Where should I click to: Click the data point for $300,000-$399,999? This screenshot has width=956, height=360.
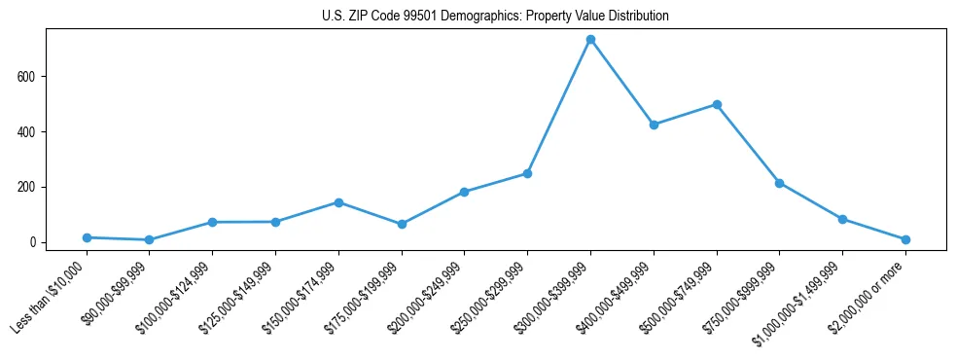pyautogui.click(x=590, y=40)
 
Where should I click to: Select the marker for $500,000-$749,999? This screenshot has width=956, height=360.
pyautogui.click(x=717, y=104)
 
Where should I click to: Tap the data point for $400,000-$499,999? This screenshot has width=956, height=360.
pyautogui.click(x=654, y=125)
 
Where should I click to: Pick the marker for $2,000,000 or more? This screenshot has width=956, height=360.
pyautogui.click(x=905, y=239)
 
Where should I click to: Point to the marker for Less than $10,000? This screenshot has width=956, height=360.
pyautogui.click(x=87, y=237)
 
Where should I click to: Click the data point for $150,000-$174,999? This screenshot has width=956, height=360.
pyautogui.click(x=338, y=202)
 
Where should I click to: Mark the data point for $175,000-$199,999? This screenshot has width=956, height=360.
pyautogui.click(x=402, y=224)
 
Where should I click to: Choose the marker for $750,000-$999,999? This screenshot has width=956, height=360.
pyautogui.click(x=779, y=183)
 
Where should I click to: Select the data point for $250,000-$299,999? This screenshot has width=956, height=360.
pyautogui.click(x=527, y=173)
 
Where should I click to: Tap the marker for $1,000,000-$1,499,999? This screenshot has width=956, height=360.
pyautogui.click(x=842, y=219)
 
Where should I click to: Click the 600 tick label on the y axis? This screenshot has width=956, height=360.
pyautogui.click(x=32, y=77)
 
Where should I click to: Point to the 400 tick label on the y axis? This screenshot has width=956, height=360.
pyautogui.click(x=32, y=132)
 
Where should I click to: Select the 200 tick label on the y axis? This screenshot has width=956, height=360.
pyautogui.click(x=32, y=187)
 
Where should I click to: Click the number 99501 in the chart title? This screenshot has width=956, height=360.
pyautogui.click(x=420, y=17)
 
